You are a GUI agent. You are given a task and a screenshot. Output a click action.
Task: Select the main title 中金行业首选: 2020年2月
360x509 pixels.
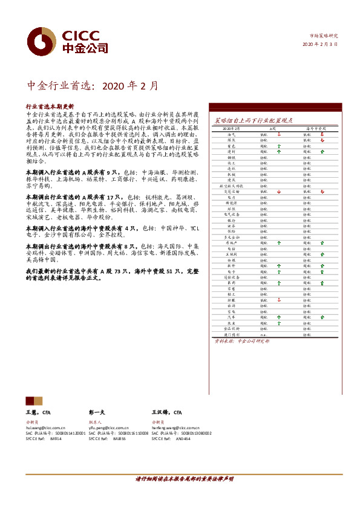click(94, 86)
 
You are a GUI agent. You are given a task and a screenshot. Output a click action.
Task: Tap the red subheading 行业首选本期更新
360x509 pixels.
click(50, 106)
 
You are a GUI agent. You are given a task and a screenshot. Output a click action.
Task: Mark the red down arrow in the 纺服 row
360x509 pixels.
click(279, 300)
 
